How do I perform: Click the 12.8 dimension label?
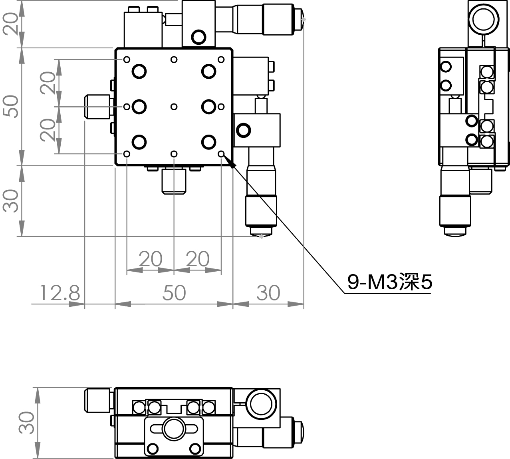[60, 293]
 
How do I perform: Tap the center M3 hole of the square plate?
[174, 107]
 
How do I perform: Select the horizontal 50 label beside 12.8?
[174, 293]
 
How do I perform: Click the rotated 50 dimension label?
[11, 107]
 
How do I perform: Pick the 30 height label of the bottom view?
[26, 422]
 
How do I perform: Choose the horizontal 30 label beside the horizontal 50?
[268, 293]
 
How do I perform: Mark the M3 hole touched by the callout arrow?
[221, 154]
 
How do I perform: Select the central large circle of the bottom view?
[174, 429]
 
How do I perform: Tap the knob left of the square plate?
[97, 107]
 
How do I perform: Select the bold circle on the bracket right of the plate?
[244, 130]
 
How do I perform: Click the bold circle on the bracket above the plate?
[198, 37]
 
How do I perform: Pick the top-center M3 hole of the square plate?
[174, 60]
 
